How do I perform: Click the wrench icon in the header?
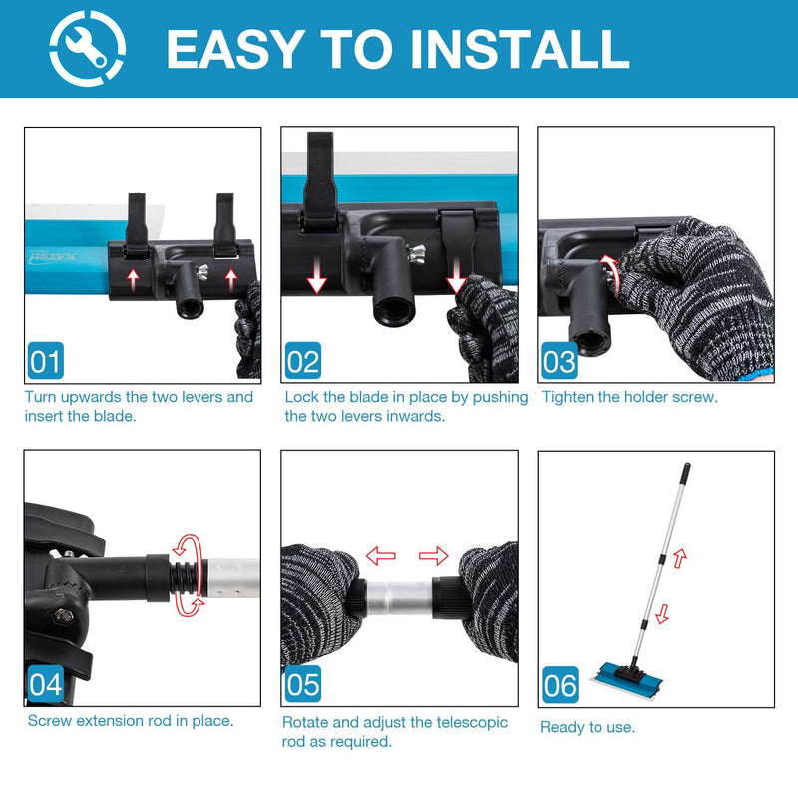click(87, 48)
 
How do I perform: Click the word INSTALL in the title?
click(520, 49)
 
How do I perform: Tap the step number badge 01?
click(46, 361)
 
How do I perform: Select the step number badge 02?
click(303, 361)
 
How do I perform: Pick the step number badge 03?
click(559, 361)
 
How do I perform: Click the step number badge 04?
click(46, 684)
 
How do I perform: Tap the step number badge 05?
click(303, 684)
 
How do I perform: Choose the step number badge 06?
click(560, 685)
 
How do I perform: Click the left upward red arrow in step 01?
click(133, 280)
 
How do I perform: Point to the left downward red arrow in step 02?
click(316, 276)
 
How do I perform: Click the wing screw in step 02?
click(416, 253)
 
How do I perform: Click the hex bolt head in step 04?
click(63, 616)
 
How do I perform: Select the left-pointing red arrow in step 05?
click(381, 555)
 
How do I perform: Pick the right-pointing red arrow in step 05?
click(433, 555)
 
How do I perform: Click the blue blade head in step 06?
click(626, 678)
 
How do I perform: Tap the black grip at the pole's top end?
click(685, 472)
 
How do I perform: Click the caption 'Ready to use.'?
click(588, 727)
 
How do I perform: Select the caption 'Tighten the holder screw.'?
click(629, 397)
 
